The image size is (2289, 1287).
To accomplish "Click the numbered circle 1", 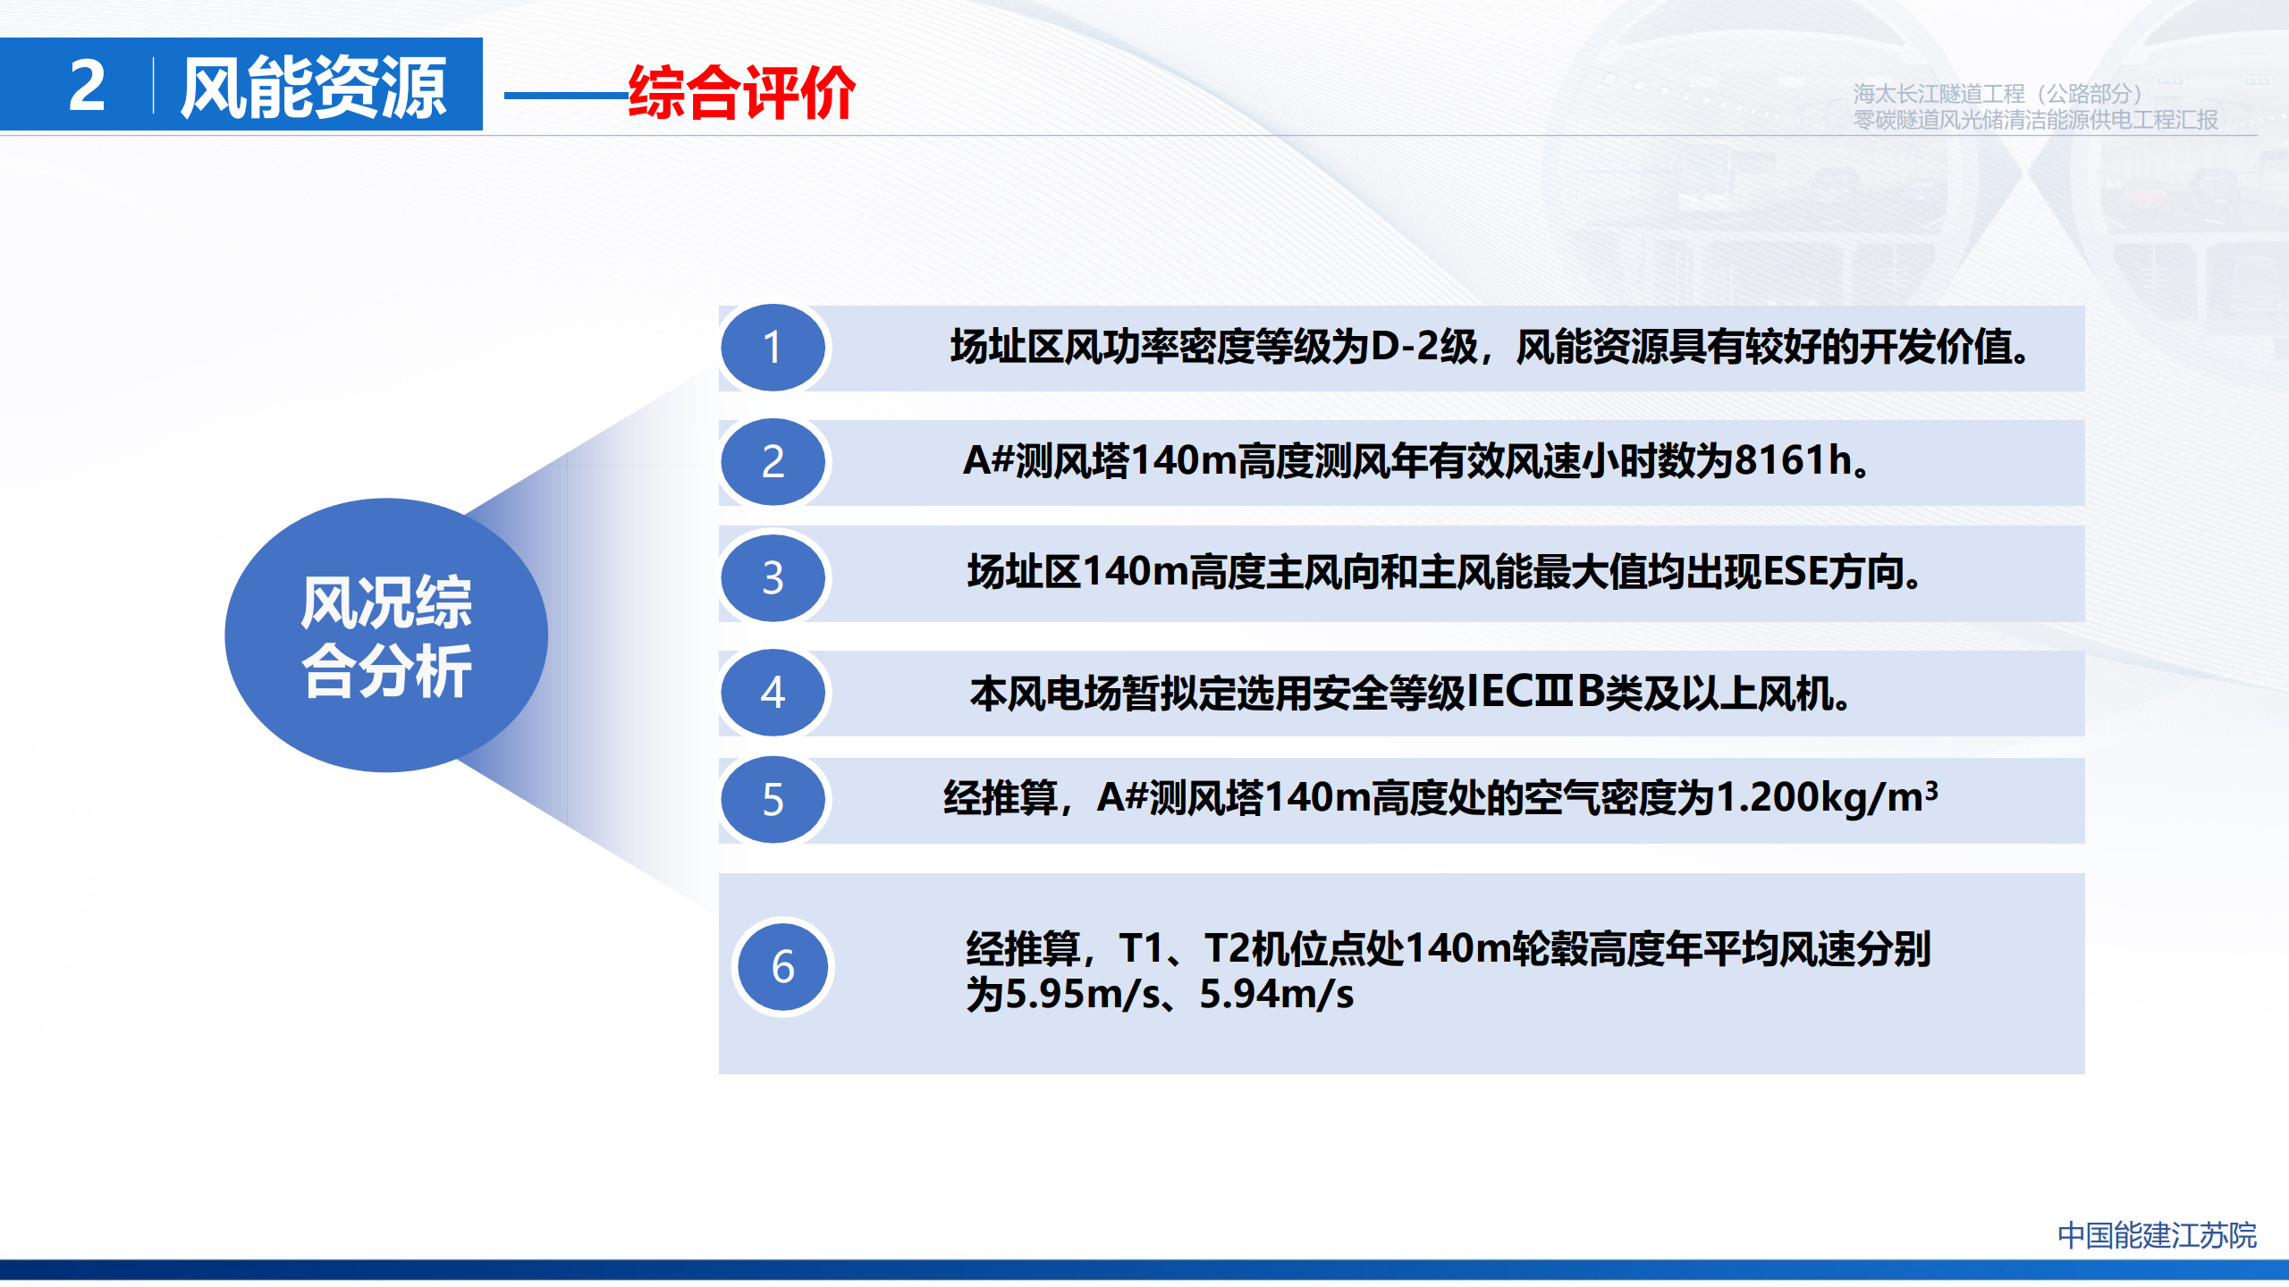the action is click(773, 348).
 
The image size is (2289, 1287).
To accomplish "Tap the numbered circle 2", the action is click(773, 462).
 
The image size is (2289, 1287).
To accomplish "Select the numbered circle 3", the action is click(773, 577).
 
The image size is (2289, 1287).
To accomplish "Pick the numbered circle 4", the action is click(773, 693).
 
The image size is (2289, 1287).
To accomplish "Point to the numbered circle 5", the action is click(773, 800).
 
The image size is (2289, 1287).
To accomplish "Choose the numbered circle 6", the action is click(783, 967).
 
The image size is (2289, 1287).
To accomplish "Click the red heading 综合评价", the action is click(742, 92).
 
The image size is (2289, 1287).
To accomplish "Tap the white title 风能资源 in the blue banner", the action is click(313, 87).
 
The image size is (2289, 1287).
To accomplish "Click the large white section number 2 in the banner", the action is click(87, 86).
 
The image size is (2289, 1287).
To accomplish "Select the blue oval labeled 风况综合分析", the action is click(386, 635).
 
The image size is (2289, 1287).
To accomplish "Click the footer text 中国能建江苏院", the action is click(2157, 1235).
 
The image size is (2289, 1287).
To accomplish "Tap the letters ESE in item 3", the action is click(1795, 572).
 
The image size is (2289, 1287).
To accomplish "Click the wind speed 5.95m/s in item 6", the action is click(1083, 995).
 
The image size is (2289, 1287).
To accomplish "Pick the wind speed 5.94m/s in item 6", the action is click(1277, 995).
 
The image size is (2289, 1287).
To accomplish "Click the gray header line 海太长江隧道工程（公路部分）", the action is click(1998, 94).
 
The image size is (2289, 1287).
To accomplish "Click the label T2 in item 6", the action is click(1226, 948).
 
